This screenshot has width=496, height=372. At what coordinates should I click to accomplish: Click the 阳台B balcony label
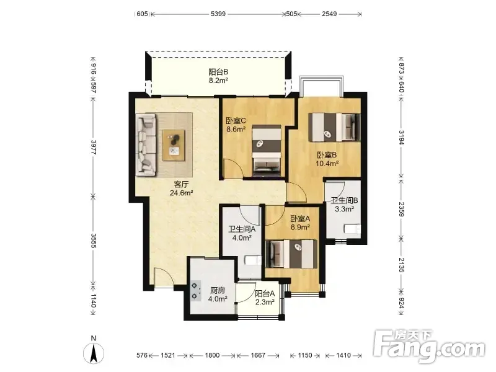[218, 72]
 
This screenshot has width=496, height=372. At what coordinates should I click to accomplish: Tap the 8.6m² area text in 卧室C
[236, 129]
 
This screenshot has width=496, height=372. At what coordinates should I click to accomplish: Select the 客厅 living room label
[181, 184]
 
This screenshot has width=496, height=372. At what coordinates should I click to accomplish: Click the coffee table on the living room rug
[174, 145]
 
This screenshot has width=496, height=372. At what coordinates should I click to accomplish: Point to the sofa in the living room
[146, 144]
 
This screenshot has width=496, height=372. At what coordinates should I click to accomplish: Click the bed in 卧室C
[267, 150]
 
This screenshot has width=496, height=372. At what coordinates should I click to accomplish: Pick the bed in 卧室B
[334, 128]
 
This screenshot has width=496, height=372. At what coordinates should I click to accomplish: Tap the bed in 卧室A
[291, 254]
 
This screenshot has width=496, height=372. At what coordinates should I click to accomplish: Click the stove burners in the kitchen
[196, 291]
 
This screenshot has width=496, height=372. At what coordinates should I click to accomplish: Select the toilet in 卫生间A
[253, 260]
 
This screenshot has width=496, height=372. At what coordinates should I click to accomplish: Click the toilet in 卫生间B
[352, 229]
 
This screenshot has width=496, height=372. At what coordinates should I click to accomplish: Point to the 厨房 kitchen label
[218, 290]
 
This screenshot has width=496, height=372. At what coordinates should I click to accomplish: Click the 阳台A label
[265, 293]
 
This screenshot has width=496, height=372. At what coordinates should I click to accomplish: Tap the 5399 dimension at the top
[218, 14]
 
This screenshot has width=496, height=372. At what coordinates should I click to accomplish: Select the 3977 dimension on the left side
[94, 147]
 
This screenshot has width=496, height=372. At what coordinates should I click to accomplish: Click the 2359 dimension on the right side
[401, 210]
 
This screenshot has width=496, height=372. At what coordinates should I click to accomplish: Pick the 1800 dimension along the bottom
[212, 355]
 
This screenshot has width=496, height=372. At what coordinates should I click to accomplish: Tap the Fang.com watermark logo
[429, 347]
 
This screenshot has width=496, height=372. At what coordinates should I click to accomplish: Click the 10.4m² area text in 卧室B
[327, 164]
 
